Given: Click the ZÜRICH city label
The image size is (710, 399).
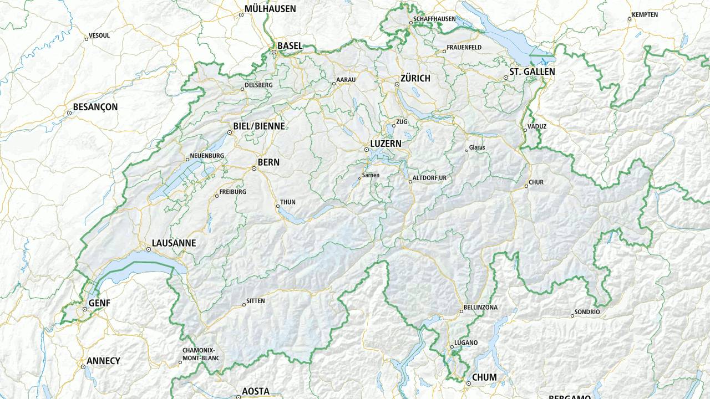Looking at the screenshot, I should [415, 78].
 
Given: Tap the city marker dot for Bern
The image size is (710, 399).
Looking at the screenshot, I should [254, 168].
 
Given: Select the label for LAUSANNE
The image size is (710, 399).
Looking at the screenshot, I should [174, 243].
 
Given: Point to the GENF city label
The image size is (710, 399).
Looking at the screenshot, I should [99, 303].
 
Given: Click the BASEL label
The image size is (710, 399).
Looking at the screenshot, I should [290, 45].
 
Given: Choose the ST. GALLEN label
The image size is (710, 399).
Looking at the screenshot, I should [532, 71].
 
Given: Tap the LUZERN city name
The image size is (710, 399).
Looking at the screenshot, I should [386, 144].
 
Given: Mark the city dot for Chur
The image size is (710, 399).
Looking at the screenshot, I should [526, 186].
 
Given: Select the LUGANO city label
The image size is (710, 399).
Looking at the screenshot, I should [465, 342].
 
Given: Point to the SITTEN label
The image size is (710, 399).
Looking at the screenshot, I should [255, 300].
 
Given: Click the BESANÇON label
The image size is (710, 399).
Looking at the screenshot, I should [95, 107].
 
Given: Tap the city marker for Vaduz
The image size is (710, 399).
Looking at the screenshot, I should [525, 130].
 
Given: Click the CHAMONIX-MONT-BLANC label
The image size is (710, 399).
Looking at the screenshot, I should [201, 354].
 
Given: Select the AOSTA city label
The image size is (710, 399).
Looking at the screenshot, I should [256, 391].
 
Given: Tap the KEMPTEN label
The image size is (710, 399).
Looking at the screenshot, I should [645, 15].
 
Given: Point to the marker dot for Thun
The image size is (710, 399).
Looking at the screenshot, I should [278, 207].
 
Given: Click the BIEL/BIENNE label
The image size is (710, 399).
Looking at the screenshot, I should [258, 126].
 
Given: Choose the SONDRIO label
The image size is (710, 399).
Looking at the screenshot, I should [587, 312].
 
